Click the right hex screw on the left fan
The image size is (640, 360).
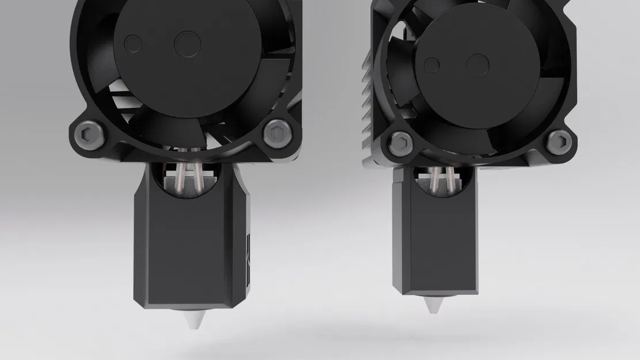click(275, 134)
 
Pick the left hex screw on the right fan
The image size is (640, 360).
click(401, 141)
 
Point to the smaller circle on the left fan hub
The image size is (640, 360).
click(133, 42)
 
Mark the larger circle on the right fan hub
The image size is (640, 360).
click(478, 65)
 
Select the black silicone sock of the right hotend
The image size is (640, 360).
click(435, 242)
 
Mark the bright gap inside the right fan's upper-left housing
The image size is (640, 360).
click(396, 40)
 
